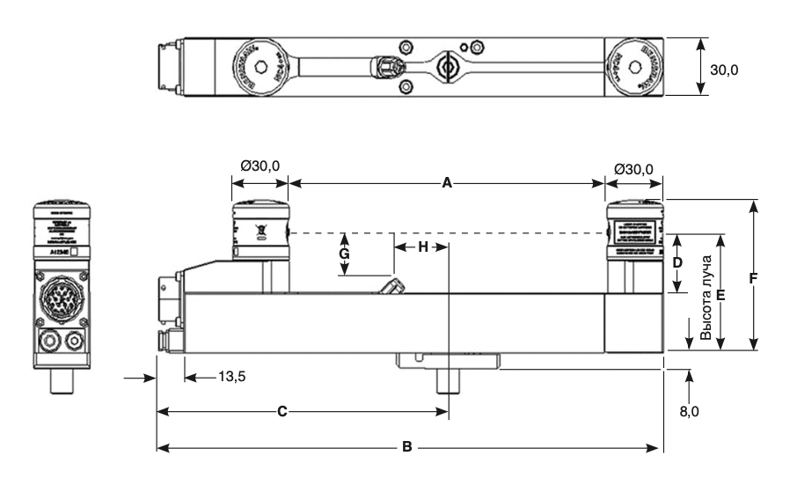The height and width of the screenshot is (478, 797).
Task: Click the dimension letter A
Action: (447, 183)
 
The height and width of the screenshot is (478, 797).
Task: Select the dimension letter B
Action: (406, 446)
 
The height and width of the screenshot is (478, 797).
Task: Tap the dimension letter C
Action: (282, 410)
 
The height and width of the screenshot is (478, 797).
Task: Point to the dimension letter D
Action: (677, 262)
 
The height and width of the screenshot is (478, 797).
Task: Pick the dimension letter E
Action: (720, 296)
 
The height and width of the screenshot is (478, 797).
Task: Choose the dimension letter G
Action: (345, 254)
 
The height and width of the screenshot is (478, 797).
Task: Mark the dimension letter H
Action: (423, 246)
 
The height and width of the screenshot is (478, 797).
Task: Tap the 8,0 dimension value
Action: (690, 410)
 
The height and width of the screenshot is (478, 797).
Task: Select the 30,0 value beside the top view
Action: (726, 69)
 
